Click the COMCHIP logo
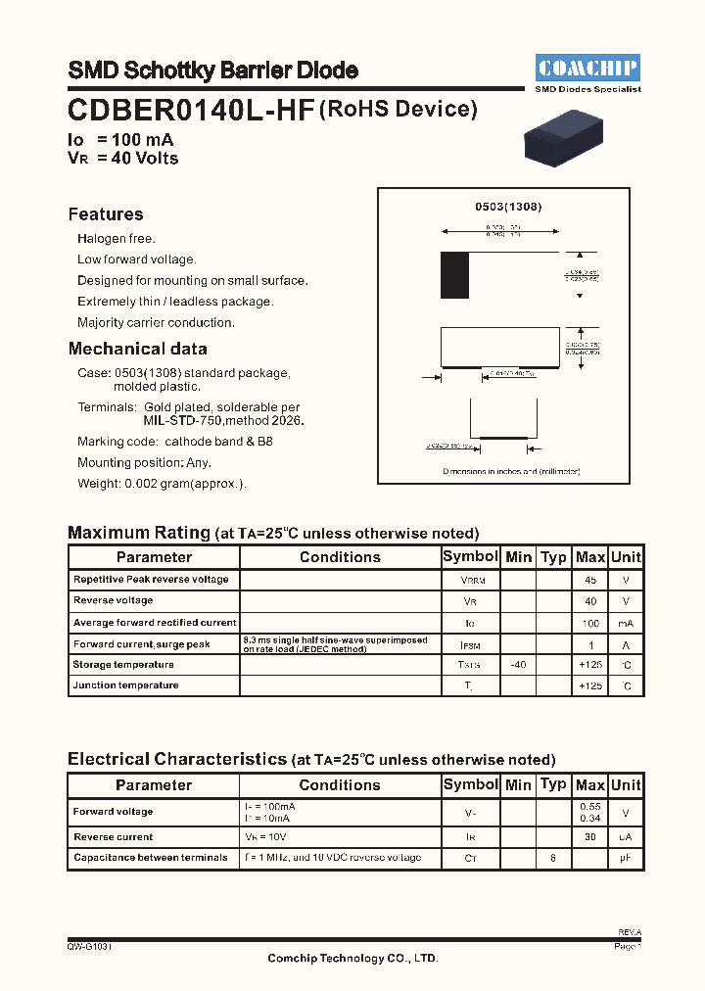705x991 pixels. (x=588, y=69)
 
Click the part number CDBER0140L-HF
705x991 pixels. (x=191, y=111)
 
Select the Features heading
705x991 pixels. (x=106, y=214)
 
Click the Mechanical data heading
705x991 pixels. (x=138, y=349)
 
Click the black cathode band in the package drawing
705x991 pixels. (x=454, y=275)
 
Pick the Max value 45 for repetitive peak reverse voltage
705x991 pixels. (x=590, y=580)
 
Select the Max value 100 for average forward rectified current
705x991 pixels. (x=590, y=623)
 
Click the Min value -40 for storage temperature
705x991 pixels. (x=518, y=665)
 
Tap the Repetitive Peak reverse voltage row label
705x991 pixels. (x=151, y=580)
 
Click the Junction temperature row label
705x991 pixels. (x=125, y=685)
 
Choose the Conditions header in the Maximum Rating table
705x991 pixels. (x=340, y=557)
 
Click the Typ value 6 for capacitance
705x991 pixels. (x=553, y=858)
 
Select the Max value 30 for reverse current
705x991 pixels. (x=590, y=837)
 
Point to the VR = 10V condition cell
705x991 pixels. (x=267, y=837)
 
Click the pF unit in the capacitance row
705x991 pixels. (x=626, y=858)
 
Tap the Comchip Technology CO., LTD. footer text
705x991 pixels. (x=352, y=959)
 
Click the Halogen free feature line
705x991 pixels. (x=117, y=239)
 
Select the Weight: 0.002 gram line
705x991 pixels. (x=162, y=484)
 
